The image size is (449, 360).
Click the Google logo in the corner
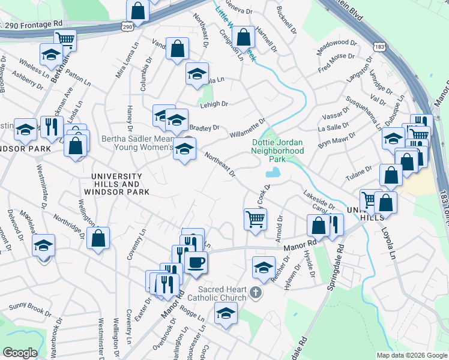point(20,353)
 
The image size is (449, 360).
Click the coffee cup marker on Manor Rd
point(196,262)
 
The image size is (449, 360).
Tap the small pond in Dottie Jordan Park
point(272,173)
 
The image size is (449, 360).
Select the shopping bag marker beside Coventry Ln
point(98,238)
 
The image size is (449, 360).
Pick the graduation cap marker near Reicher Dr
point(264,268)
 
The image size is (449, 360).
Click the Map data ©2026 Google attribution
point(411,355)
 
